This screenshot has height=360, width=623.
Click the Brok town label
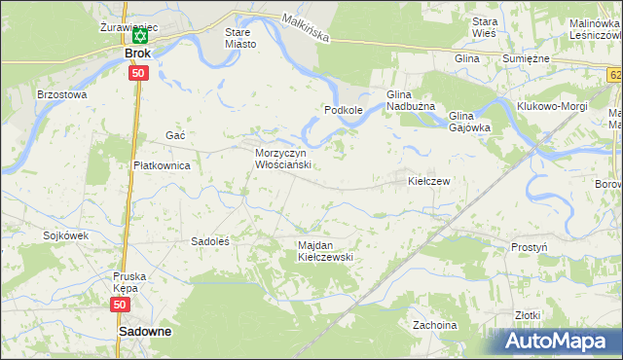pos(138,54)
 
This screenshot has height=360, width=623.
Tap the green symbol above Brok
pos(139,37)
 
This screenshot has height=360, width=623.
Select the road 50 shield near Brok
pos(138,73)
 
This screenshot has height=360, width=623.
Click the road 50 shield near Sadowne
pos(120,305)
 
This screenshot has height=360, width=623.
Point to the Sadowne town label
pos(145,332)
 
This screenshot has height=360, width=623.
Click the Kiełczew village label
pos(429,181)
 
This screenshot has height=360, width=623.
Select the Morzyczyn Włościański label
pos(282,160)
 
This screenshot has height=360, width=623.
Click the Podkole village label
pos(344,111)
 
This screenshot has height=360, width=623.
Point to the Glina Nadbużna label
pos(417,100)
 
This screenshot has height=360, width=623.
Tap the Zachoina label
pos(434,325)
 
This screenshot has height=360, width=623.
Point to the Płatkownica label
pos(162,165)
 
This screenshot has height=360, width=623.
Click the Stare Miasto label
pos(239,38)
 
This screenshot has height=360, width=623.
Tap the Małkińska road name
pos(307,26)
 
